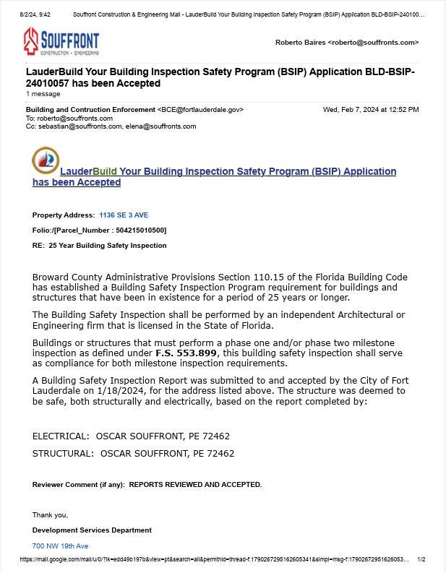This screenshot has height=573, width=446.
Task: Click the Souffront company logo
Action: tap(61, 42)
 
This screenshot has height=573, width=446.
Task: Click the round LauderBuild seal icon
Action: tap(46, 160)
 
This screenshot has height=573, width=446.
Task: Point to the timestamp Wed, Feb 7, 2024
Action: tap(370, 110)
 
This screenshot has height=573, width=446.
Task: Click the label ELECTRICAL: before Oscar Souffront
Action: tap(61, 436)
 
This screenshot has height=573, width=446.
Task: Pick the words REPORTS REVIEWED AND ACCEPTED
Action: tap(195, 484)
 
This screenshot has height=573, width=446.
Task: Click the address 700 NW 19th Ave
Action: tap(60, 546)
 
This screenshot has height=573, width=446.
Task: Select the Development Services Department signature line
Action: tap(92, 530)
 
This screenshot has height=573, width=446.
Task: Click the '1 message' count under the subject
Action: tap(43, 94)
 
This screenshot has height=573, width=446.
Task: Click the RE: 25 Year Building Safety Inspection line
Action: tap(99, 246)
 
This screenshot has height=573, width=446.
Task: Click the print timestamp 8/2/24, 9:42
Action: tap(35, 14)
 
